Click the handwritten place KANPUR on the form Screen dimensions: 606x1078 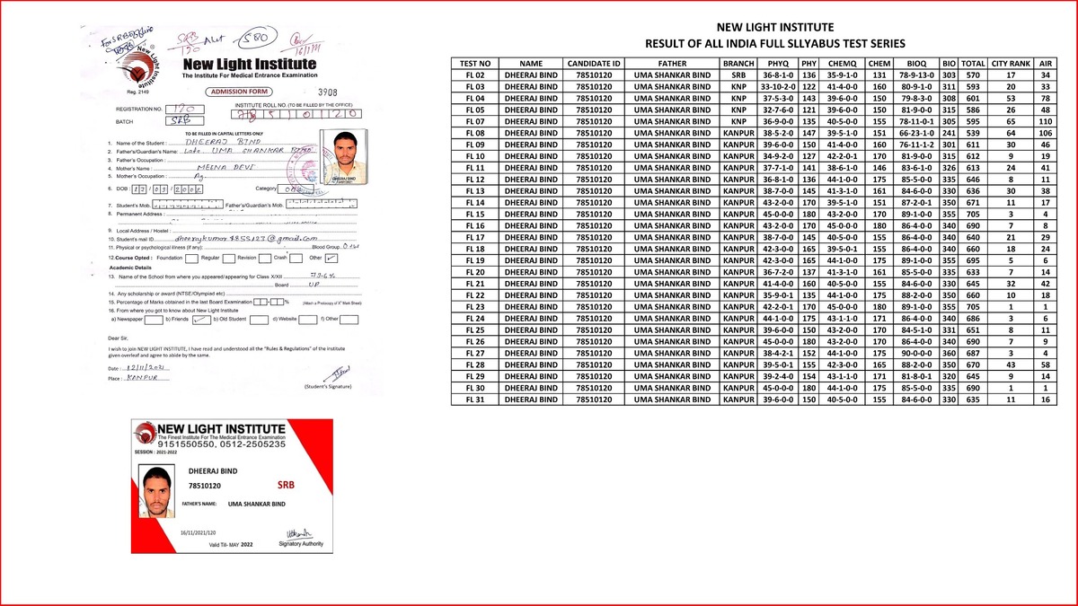(x=149, y=378)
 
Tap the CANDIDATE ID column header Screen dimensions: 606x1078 (x=594, y=64)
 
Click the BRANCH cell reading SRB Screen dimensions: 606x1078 (x=738, y=75)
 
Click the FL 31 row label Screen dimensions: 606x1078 (x=475, y=400)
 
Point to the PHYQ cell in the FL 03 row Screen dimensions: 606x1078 (x=778, y=87)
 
